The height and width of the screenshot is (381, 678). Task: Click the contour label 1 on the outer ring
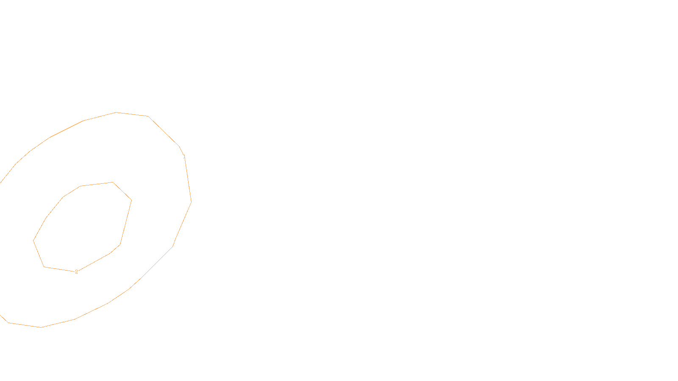(x=184, y=157)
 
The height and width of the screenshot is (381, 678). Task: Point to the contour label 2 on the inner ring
(x=76, y=272)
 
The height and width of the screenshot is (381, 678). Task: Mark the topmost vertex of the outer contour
(x=116, y=112)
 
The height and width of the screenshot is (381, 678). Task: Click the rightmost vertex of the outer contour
(x=191, y=202)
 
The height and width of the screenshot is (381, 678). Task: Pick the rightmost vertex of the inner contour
(x=131, y=200)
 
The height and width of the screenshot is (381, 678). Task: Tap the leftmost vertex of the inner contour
(x=33, y=240)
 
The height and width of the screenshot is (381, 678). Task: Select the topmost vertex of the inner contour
(x=113, y=182)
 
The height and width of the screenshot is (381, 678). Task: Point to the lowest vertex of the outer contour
(x=41, y=327)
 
